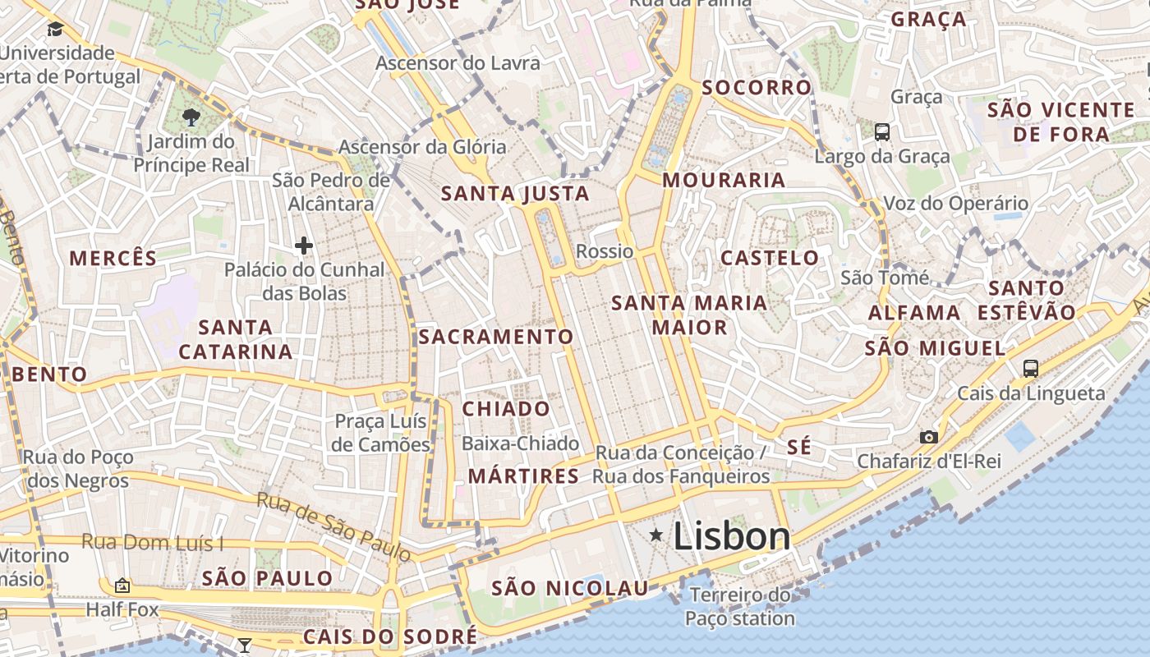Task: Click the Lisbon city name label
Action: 732,536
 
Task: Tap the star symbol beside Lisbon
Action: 656,535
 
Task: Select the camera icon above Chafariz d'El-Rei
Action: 929,437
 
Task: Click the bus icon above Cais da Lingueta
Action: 1031,368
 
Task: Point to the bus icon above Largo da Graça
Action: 882,131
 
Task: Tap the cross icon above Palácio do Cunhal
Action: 304,245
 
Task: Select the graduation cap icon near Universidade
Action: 55,30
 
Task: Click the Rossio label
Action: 605,251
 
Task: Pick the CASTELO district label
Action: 770,258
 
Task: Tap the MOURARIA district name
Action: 724,180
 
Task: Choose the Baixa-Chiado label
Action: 521,443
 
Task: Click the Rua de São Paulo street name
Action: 333,526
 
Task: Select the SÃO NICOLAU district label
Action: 570,588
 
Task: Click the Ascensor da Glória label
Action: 422,147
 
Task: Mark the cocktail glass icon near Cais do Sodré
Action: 244,645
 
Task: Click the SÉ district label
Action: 798,447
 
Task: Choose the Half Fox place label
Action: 122,610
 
